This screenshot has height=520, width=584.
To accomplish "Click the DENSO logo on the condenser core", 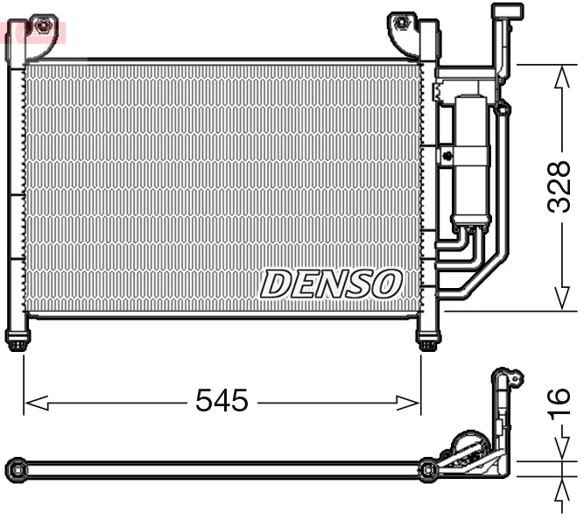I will [x=331, y=284].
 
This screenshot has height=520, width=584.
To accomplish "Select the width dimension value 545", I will [x=222, y=401].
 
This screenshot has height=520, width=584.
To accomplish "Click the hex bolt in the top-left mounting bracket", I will [x=39, y=25].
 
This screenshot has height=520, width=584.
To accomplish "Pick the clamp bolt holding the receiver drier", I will [x=447, y=156].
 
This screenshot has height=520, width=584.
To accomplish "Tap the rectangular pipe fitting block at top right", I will [x=506, y=11].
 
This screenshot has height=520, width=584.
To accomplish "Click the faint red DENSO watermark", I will [x=33, y=32].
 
